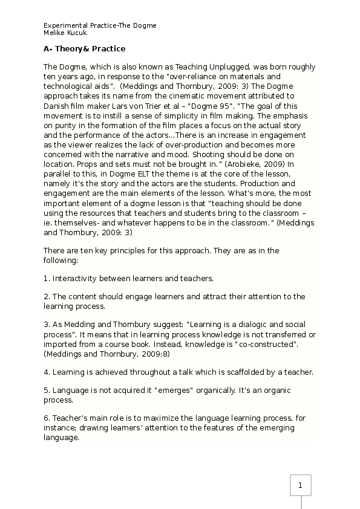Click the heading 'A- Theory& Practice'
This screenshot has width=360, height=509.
(x=85, y=48)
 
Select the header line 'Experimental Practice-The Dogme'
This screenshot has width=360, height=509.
(x=100, y=25)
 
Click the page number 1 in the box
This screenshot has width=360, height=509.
(x=301, y=484)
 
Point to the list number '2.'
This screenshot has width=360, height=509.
(x=47, y=297)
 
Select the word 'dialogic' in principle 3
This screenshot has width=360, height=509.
(x=251, y=325)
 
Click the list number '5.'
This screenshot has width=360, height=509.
(x=47, y=391)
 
